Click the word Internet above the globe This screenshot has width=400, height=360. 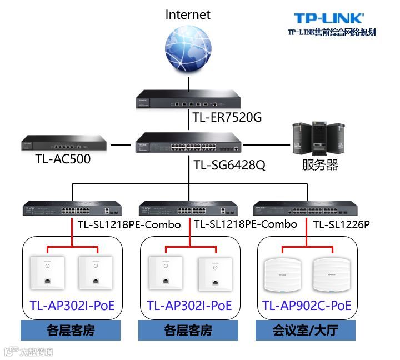tap(188, 14)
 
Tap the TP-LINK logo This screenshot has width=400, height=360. tap(328, 19)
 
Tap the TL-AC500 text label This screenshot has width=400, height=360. tap(63, 160)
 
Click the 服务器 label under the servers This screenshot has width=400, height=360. tap(320, 165)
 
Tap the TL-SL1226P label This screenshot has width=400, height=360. tap(341, 224)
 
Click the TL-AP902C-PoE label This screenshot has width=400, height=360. tap(307, 306)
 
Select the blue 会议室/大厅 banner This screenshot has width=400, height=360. tap(306, 331)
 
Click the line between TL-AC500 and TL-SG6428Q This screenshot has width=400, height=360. tap(119, 146)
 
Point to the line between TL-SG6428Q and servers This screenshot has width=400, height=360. tap(268, 146)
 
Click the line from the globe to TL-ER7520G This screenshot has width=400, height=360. tap(188, 82)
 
